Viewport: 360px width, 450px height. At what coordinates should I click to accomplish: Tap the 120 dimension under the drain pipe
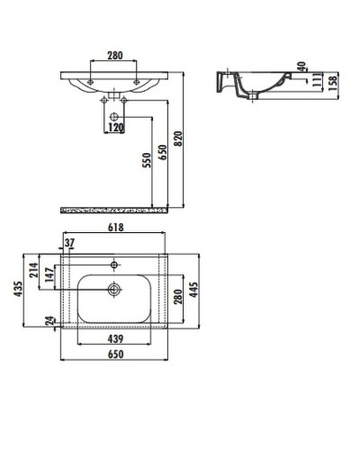coord(113,128)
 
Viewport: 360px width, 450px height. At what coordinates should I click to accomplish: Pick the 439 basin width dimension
coord(113,339)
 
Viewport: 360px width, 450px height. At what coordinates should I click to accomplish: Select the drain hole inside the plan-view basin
coord(113,289)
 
